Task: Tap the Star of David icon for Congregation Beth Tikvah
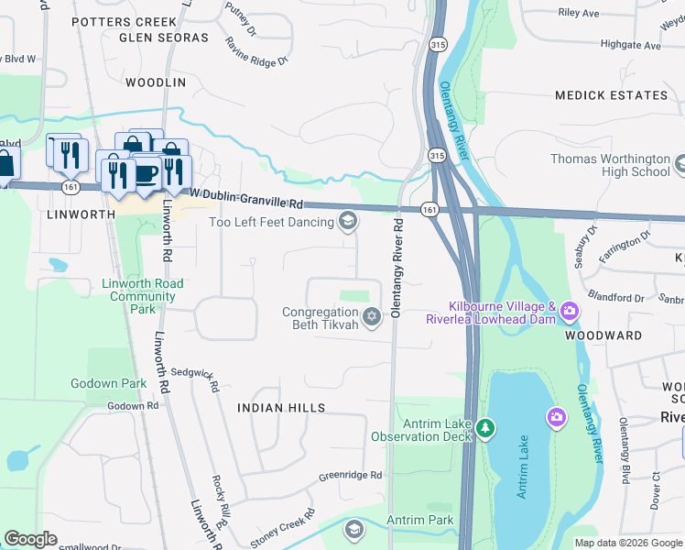(x=371, y=317)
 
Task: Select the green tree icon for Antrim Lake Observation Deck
(x=485, y=428)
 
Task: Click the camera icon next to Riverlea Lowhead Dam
(x=570, y=312)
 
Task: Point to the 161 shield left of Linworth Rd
(x=71, y=187)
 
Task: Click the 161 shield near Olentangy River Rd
(x=428, y=210)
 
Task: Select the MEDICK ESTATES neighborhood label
(x=611, y=95)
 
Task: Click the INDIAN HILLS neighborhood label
(x=281, y=406)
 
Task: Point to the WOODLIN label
(x=155, y=82)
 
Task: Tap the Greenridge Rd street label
(x=349, y=476)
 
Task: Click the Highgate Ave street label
(x=630, y=44)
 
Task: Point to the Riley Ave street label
(x=578, y=13)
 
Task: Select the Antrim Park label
(x=419, y=520)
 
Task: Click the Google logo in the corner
(x=30, y=539)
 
